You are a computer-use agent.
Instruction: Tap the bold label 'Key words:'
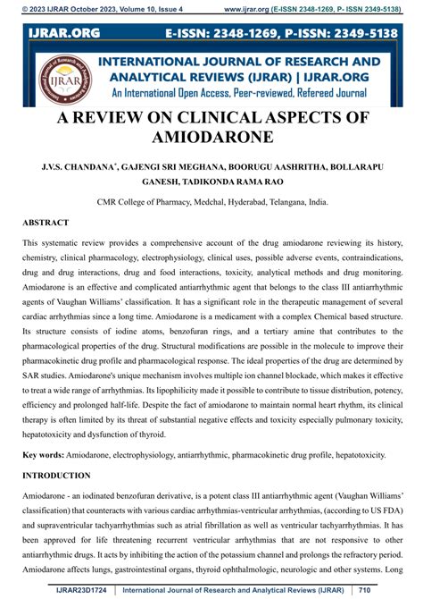coord(45,454)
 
